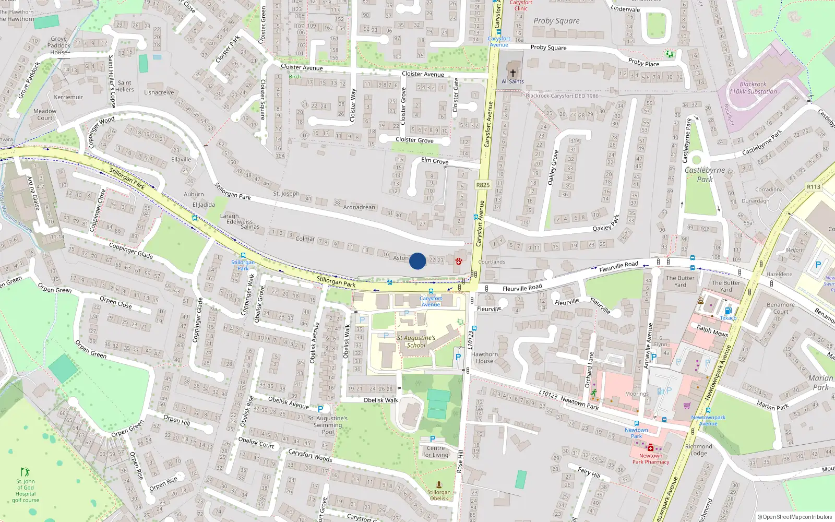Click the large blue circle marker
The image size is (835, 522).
pyautogui.click(x=417, y=261)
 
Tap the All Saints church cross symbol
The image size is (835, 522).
pyautogui.click(x=513, y=73)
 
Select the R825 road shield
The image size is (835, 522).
pyautogui.click(x=483, y=185)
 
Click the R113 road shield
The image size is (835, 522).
pyautogui.click(x=814, y=187)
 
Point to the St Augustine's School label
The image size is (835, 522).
pyautogui.click(x=416, y=341)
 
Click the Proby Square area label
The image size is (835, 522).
pyautogui.click(x=556, y=21)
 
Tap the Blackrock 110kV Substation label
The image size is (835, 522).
pyautogui.click(x=753, y=88)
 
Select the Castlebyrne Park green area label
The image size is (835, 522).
pyautogui.click(x=705, y=174)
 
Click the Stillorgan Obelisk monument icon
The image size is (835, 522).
pyautogui.click(x=439, y=484)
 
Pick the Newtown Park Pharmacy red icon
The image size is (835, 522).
pyautogui.click(x=651, y=448)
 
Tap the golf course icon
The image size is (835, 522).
pyautogui.click(x=25, y=472)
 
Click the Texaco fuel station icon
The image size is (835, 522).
pyautogui.click(x=728, y=311)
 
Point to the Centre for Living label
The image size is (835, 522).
pyautogui.click(x=435, y=451)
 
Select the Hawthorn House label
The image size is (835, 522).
pyautogui.click(x=484, y=358)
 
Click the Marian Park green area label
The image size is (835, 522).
pyautogui.click(x=820, y=383)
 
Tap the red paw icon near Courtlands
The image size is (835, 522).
pyautogui.click(x=459, y=261)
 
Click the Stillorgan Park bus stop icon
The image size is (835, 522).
pyautogui.click(x=243, y=255)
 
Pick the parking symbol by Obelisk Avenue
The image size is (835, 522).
pyautogui.click(x=320, y=409)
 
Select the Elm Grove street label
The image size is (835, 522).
pyautogui.click(x=435, y=161)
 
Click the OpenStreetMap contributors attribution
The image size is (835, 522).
pyautogui.click(x=795, y=517)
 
